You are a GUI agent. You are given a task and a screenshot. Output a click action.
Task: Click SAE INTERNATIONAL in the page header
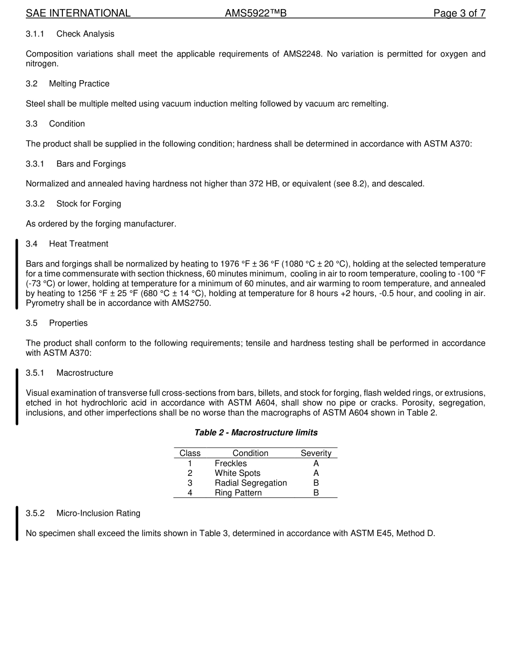pyautogui.click(x=78, y=13)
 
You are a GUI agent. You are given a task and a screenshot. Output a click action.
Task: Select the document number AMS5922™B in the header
pyautogui.click(x=256, y=13)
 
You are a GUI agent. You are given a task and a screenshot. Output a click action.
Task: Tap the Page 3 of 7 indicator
pyautogui.click(x=459, y=13)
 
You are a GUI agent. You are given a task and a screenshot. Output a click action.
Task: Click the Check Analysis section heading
pyautogui.click(x=85, y=34)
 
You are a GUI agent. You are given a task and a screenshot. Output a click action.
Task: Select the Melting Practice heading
pyautogui.click(x=79, y=83)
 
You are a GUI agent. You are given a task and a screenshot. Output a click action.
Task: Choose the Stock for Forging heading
pyautogui.click(x=89, y=203)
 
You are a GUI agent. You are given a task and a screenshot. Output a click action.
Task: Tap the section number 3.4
pyautogui.click(x=32, y=244)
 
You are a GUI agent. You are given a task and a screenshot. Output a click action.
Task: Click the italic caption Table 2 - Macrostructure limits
pyautogui.click(x=256, y=433)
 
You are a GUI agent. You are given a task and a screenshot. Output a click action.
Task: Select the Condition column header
pyautogui.click(x=250, y=453)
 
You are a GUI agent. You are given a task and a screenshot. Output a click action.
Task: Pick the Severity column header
pyautogui.click(x=316, y=453)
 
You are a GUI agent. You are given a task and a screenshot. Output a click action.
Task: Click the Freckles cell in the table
pyautogui.click(x=231, y=464)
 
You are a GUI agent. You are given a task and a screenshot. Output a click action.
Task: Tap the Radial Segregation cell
pyautogui.click(x=251, y=483)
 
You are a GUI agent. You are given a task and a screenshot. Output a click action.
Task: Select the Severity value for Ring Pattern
pyautogui.click(x=316, y=493)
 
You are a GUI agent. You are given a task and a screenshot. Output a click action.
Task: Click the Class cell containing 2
pyautogui.click(x=190, y=473)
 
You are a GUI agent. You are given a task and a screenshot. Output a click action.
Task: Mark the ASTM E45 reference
pyautogui.click(x=370, y=533)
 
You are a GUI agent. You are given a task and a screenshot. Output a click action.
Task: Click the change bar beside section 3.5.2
pyautogui.click(x=17, y=523)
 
